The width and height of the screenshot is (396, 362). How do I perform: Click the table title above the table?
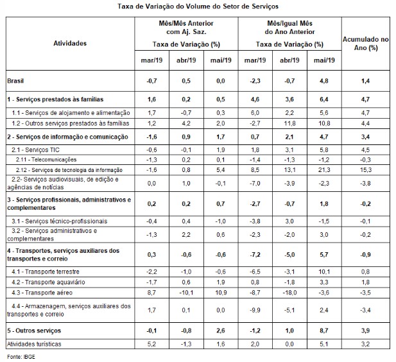click(x=198, y=7)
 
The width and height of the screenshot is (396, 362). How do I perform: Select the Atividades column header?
click(x=69, y=44)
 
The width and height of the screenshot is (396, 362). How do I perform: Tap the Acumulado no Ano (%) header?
click(x=365, y=44)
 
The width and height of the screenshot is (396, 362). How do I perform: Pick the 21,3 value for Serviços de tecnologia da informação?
click(x=325, y=169)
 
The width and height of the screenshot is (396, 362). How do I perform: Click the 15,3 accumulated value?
click(x=365, y=169)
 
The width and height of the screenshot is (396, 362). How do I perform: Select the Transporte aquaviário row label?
click(x=46, y=282)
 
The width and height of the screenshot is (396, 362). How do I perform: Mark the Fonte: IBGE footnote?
click(x=20, y=355)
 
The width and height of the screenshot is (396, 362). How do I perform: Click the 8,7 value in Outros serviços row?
click(x=325, y=330)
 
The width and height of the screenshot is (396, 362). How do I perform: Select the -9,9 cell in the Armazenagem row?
click(x=255, y=311)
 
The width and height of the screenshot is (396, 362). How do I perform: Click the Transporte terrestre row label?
click(x=44, y=271)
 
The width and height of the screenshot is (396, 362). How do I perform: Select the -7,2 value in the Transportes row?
click(x=255, y=254)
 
